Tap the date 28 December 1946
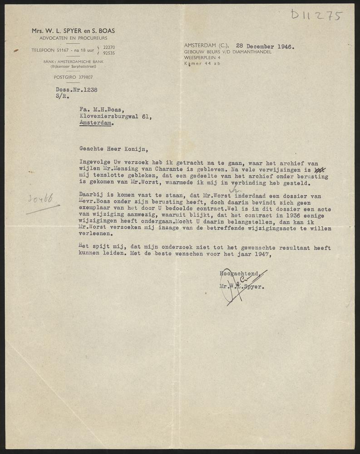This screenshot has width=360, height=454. tap(262, 46)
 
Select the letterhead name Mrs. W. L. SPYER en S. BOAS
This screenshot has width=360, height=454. tap(73, 31)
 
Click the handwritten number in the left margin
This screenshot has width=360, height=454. tap(40, 198)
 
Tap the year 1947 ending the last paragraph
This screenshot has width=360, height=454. tap(260, 254)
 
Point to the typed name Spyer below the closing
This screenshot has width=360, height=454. tap(255, 287)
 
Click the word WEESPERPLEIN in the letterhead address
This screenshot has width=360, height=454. tap(199, 58)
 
